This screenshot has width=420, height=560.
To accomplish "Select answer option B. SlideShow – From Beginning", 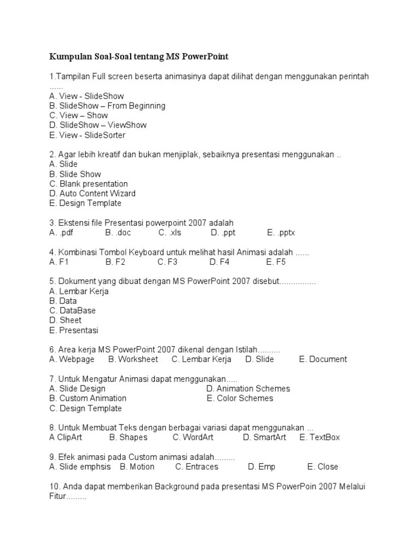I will (107, 106).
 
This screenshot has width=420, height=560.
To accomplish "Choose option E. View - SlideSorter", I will (87, 135).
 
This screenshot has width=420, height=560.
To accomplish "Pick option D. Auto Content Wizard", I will (92, 194).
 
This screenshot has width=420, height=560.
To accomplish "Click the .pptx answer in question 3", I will (281, 233).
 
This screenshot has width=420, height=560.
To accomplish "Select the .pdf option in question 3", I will (61, 233).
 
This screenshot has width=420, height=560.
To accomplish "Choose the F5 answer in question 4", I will (276, 262).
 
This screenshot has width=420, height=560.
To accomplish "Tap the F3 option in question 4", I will (167, 262).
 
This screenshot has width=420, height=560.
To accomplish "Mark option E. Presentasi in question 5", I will (73, 330).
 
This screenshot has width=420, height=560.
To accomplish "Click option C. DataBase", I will (72, 311).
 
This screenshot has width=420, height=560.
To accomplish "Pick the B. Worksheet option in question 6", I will (133, 359).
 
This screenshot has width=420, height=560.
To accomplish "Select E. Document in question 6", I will (323, 359).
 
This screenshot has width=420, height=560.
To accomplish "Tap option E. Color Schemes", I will (240, 398).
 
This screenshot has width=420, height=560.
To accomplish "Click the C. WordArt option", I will (193, 437).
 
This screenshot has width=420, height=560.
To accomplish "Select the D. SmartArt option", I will (265, 437).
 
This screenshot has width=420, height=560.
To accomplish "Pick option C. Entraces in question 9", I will (196, 467).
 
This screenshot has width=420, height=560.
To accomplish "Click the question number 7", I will (51, 379).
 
